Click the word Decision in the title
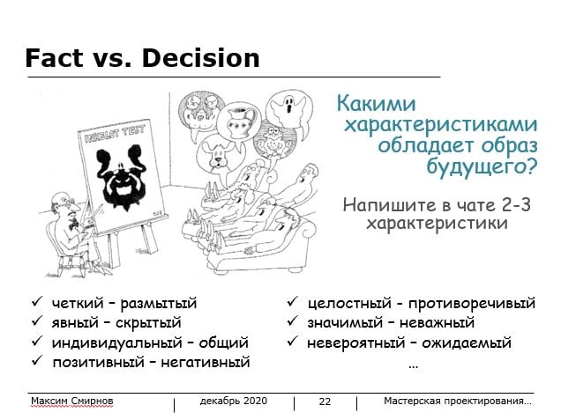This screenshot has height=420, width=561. click(x=200, y=58)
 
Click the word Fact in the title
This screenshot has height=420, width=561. click(x=54, y=58)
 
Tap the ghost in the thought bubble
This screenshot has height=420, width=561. click(x=288, y=107)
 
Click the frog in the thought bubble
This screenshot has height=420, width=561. click(x=275, y=141)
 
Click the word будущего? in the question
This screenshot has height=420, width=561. click(x=482, y=166)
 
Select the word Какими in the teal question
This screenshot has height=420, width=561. click(x=376, y=104)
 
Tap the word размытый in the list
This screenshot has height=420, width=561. click(x=159, y=304)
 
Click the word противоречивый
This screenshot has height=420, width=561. click(x=472, y=304)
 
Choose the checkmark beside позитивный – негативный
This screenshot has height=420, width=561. click(x=37, y=360)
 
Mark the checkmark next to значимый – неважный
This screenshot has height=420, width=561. click(x=292, y=321)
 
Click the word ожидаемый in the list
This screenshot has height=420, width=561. click(x=467, y=343)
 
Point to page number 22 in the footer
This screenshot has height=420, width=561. click(x=325, y=402)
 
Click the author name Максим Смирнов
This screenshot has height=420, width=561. click(x=72, y=402)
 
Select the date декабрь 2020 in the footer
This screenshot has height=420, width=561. click(x=234, y=401)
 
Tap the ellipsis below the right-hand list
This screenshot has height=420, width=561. click(x=413, y=366)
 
